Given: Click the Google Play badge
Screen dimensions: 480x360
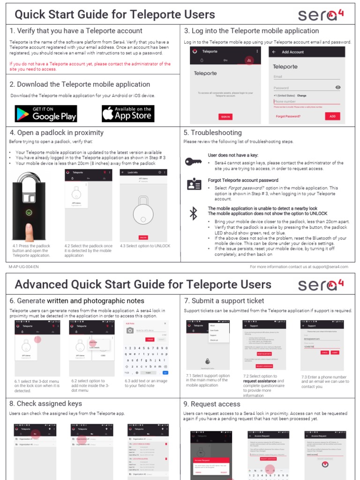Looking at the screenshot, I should (x=45, y=113).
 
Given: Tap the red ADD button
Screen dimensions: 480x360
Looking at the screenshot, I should (x=332, y=116).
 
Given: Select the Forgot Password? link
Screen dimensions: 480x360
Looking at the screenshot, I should (x=288, y=116).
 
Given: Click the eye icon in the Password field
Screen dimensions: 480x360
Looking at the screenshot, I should (x=338, y=88).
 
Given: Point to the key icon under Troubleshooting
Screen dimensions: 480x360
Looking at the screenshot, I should (x=193, y=162).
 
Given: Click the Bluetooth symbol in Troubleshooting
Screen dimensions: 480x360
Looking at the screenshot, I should (x=193, y=213).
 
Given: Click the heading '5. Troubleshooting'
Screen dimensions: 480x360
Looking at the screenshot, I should (x=212, y=133).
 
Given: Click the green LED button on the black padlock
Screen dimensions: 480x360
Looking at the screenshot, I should (x=29, y=212).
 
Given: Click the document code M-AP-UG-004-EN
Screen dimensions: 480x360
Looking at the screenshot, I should (x=23, y=267).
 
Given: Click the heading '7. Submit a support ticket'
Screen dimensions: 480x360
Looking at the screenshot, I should (x=224, y=301).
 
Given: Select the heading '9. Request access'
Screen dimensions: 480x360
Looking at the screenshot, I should (x=212, y=404).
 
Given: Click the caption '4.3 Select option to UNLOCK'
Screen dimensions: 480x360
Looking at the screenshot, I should (x=145, y=246).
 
